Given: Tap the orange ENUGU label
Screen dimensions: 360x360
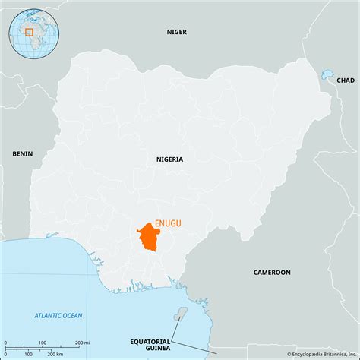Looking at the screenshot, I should click(x=169, y=223).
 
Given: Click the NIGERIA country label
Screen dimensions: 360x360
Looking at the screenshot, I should click(x=169, y=159).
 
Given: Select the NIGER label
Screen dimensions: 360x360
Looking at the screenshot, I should click(x=177, y=32).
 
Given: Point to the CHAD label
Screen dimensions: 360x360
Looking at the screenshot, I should click(x=345, y=80).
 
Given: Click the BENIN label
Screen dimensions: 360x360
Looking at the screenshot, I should click(x=23, y=153).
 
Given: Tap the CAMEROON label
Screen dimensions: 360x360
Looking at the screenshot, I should click(x=272, y=271).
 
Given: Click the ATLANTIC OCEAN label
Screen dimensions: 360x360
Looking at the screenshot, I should click(x=59, y=315).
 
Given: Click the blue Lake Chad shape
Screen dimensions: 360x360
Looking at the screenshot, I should click(x=327, y=75).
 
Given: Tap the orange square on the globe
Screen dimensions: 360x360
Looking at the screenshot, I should click(x=29, y=32).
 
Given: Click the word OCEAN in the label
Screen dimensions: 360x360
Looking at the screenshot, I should click(x=74, y=315).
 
